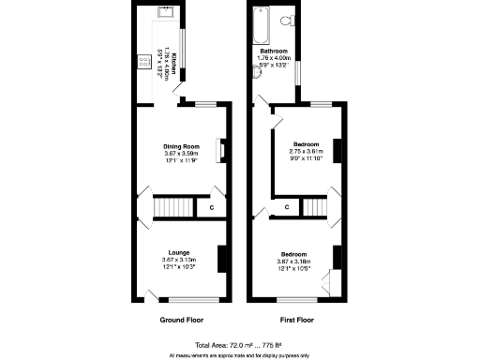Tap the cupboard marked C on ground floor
click(x=212, y=206)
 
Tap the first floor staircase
click(x=313, y=206)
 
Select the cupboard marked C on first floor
click(x=286, y=206)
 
